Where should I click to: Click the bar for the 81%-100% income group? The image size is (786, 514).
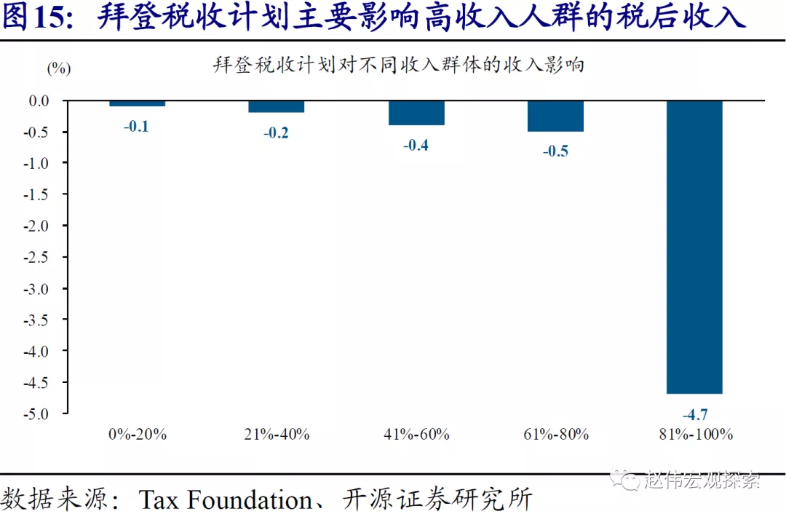695,247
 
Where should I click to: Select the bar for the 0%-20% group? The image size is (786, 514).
137,103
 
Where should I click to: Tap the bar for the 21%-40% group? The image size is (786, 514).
277,106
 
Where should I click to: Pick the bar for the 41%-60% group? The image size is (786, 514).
416,113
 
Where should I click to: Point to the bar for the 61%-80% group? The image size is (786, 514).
555,116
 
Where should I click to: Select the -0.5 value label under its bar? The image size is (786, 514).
555,151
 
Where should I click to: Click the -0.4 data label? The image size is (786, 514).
416,145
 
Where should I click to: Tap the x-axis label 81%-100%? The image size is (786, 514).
695,435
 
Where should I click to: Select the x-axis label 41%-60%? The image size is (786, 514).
416,435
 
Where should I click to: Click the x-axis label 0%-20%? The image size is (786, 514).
137,435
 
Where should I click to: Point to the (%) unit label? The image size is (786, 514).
59,68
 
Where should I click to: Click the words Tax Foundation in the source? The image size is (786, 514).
225,500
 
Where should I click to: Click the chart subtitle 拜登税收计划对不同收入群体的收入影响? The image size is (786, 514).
398,65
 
